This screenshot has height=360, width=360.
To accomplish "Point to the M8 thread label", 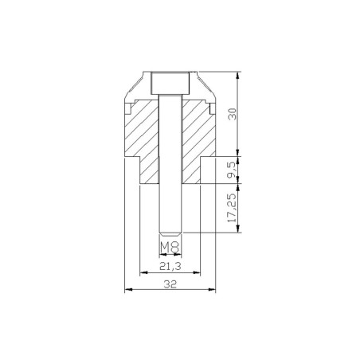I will click(x=169, y=248).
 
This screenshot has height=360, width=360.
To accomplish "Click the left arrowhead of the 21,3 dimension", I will click(x=142, y=272).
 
